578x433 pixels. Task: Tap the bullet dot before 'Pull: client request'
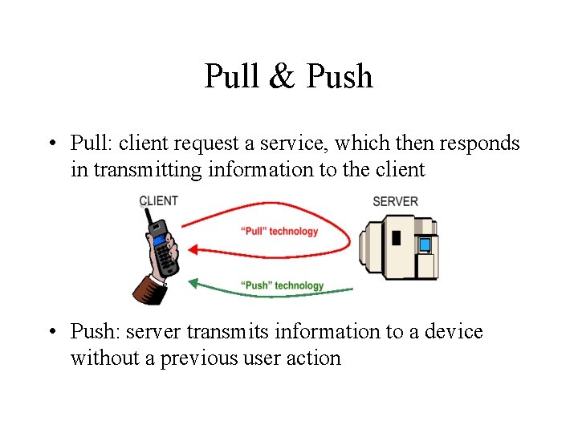point(50,144)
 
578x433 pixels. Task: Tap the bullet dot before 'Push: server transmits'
point(50,332)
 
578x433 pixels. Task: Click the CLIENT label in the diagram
point(158,200)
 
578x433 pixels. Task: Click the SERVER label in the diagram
point(395,201)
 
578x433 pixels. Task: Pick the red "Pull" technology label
point(279,232)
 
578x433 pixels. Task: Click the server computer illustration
point(399,247)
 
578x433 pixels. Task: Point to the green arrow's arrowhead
point(193,281)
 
